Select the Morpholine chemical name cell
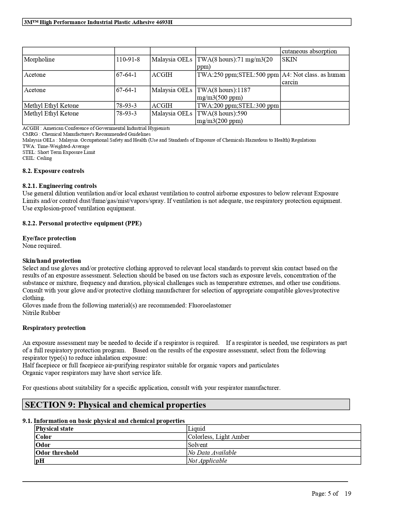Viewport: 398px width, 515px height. click(39, 60)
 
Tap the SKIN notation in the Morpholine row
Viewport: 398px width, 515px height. click(289, 60)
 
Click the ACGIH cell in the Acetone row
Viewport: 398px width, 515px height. click(162, 75)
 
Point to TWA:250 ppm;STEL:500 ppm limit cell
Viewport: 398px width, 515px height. click(238, 75)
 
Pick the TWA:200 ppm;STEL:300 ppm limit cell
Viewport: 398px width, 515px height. click(238, 105)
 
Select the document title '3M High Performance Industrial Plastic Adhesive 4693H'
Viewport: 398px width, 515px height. click(98, 22)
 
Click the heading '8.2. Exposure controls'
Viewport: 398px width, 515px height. click(53, 171)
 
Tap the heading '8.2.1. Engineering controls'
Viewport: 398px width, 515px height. click(60, 186)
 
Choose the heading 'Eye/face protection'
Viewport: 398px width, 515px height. click(49, 238)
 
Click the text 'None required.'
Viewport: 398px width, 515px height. click(42, 246)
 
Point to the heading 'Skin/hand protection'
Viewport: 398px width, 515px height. click(52, 261)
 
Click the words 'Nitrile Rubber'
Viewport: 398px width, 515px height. click(41, 313)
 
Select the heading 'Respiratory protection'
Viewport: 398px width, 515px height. click(54, 328)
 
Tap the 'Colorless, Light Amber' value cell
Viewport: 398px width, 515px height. click(219, 437)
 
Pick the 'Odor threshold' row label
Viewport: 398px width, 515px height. click(57, 453)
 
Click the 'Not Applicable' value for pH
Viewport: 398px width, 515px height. click(207, 461)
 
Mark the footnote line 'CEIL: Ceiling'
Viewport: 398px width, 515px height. click(37, 158)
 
